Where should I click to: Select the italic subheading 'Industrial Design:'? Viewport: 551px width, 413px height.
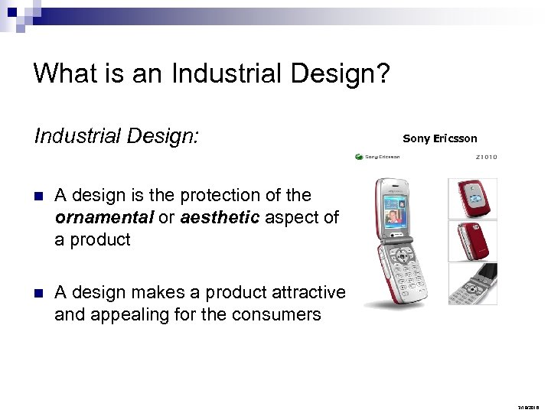coord(116,136)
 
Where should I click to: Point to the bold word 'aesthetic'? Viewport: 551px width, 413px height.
coord(221,217)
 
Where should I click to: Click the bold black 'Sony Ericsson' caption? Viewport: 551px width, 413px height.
coord(439,138)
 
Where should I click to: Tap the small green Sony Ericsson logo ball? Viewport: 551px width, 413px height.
coord(359,157)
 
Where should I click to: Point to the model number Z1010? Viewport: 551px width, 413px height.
coord(485,157)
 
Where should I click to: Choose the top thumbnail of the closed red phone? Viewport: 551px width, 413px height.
coord(472,197)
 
